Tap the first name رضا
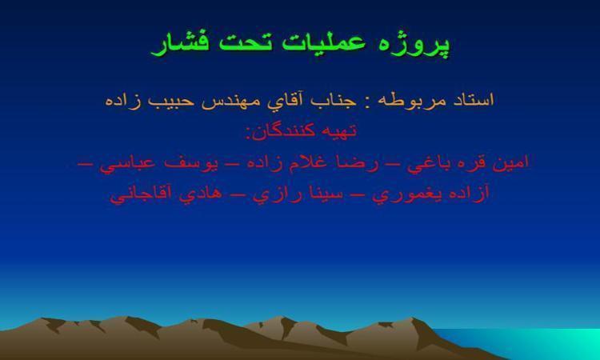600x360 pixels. tap(356, 163)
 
